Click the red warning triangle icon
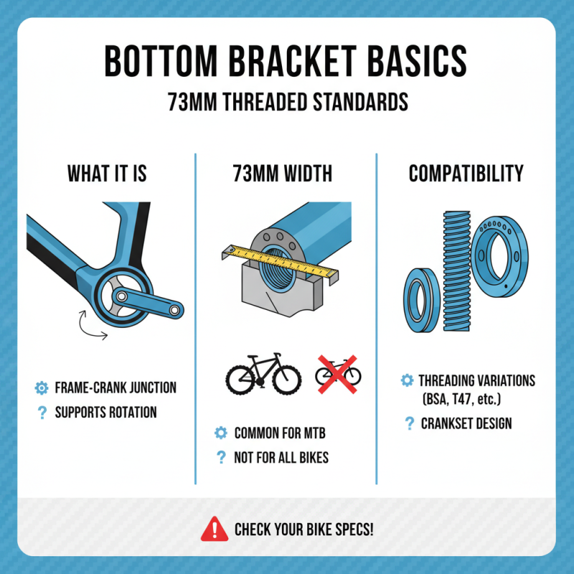point(215,530)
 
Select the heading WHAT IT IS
point(107,174)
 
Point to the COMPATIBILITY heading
point(466,174)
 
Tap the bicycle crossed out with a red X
point(339,373)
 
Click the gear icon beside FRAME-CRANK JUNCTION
point(42,388)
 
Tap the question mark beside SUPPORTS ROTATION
point(42,413)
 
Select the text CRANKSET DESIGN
point(466,423)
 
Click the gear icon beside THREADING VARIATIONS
point(407,380)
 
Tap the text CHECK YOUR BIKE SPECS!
point(304,530)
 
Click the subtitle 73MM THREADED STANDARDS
point(288,101)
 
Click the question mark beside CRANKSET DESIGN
point(408,423)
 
